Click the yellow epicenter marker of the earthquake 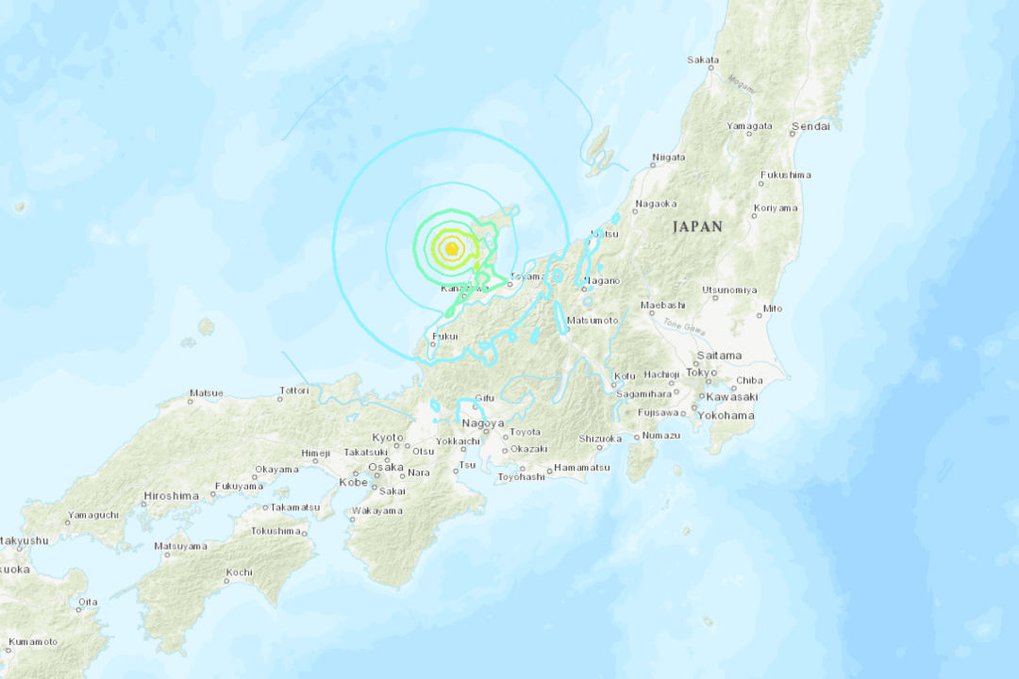tap(452, 249)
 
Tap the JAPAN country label tap(697, 227)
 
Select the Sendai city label tap(810, 125)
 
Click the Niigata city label tap(668, 157)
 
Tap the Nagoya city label tap(482, 423)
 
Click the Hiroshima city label tap(171, 496)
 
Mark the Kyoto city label tap(387, 438)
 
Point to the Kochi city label tap(239, 572)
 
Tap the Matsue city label tap(206, 392)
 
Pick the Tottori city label tap(293, 389)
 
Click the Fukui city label tap(444, 336)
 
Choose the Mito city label tap(772, 308)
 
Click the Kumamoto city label tap(32, 642)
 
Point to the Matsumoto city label tap(594, 322)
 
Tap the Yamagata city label tap(749, 126)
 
